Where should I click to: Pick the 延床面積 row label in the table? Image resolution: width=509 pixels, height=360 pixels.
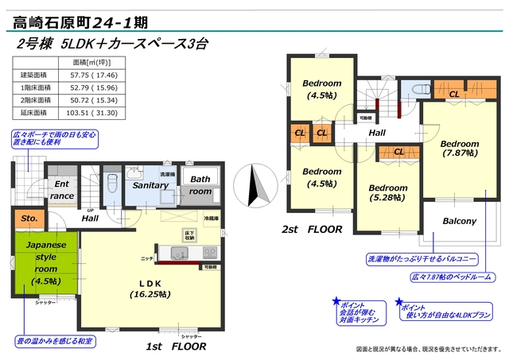(35, 113)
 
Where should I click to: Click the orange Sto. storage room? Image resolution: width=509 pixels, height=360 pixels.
(30, 219)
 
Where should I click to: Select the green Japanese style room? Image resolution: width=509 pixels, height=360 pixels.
(45, 264)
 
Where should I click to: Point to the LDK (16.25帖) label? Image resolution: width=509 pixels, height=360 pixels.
(151, 288)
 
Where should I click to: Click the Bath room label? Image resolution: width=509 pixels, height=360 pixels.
(200, 185)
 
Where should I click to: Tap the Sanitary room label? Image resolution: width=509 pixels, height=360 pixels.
(150, 185)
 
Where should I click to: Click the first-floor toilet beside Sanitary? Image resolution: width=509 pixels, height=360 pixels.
(111, 185)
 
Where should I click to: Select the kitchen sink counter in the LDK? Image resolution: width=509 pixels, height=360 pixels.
(180, 254)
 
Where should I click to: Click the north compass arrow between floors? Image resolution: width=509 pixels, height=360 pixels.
(254, 187)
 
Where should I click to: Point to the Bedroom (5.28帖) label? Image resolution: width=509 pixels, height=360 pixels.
(387, 193)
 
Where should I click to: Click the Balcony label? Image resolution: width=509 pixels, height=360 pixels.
(458, 221)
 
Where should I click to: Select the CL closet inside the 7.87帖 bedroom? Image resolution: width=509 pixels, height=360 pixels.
(453, 95)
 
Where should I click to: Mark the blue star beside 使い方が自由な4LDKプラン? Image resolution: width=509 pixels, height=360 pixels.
(398, 303)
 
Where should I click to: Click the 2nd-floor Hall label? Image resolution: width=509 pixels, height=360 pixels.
(376, 133)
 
